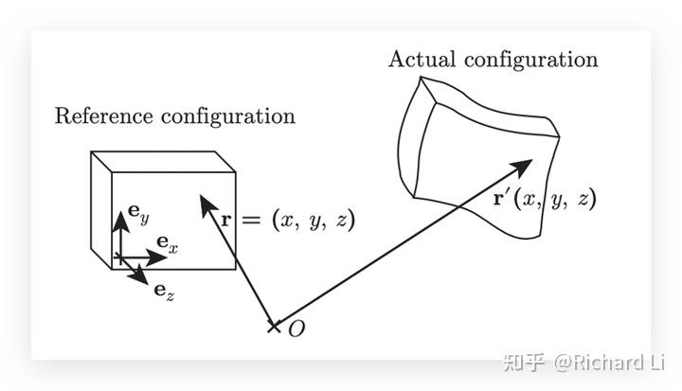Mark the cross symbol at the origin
pyautogui.click(x=274, y=327)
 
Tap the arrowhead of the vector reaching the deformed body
pyautogui.click(x=525, y=168)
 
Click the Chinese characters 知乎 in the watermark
pyautogui.click(x=525, y=361)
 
